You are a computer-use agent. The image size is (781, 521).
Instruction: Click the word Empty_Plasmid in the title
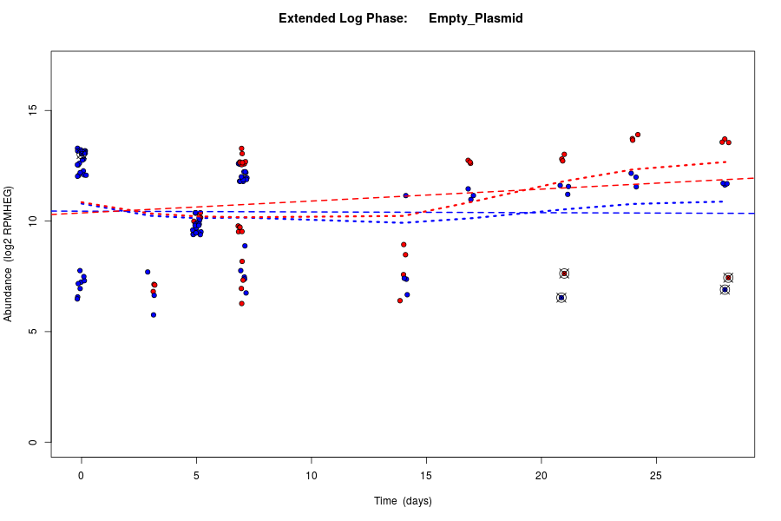(x=476, y=18)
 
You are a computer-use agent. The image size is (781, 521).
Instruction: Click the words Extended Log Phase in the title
(x=343, y=18)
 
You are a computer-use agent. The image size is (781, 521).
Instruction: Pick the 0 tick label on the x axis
(x=82, y=475)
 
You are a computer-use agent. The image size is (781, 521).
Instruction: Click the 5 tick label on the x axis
(x=196, y=475)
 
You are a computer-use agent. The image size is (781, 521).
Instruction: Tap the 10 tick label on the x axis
(x=312, y=475)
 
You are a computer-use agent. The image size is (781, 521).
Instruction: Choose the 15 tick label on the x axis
(x=426, y=475)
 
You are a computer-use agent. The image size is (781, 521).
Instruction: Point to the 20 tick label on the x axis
(x=541, y=475)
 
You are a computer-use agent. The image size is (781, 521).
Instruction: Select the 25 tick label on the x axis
(x=656, y=475)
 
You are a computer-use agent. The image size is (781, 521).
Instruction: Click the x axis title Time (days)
(x=403, y=501)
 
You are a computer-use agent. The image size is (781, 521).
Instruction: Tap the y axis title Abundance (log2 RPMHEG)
(x=9, y=254)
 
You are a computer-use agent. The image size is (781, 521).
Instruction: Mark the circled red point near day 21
(x=564, y=274)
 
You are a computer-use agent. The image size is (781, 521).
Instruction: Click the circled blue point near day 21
(x=561, y=298)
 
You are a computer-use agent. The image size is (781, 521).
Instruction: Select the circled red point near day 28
(x=728, y=278)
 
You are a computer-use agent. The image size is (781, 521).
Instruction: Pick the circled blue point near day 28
(x=725, y=289)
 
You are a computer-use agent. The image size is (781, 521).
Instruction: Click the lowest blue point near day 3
(x=154, y=314)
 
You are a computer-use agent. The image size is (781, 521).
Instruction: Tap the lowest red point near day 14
(x=400, y=300)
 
